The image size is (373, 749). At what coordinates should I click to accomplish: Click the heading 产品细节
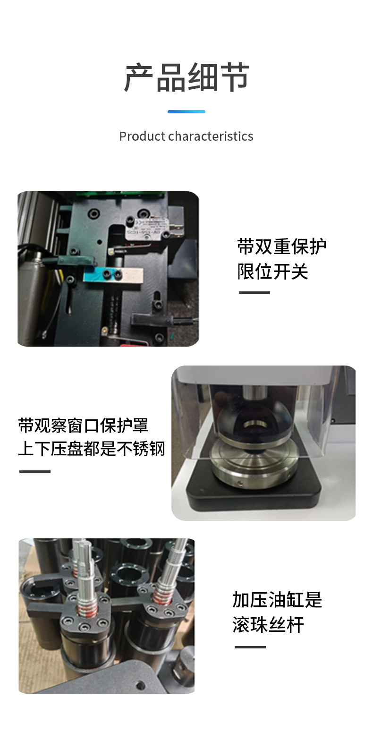186,77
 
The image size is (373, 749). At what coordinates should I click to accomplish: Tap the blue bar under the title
186,111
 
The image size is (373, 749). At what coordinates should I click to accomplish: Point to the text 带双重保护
282,247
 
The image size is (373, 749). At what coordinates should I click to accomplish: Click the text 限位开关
273,271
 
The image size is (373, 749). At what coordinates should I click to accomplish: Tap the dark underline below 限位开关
254,293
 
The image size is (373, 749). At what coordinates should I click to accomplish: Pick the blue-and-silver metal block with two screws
113,275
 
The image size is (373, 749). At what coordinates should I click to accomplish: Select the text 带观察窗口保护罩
83,426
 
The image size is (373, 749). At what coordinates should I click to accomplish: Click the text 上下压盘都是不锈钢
92,449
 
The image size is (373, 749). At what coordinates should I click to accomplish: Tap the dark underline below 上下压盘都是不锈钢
35,471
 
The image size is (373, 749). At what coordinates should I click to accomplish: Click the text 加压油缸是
277,600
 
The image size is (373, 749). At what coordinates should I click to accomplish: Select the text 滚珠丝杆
268,625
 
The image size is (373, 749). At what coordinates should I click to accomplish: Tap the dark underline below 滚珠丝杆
250,647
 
